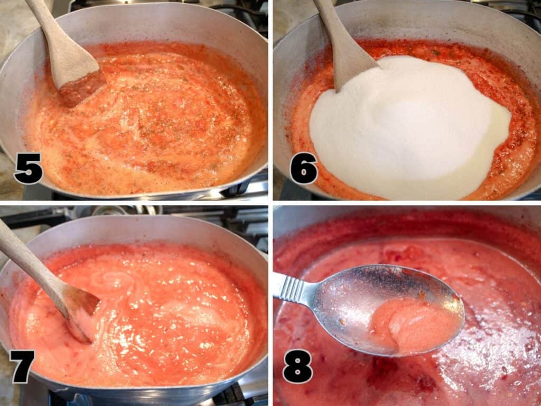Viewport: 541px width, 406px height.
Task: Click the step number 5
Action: (x=28, y=168)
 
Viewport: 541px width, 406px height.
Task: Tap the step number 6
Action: (x=303, y=168)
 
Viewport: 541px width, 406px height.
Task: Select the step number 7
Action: (x=22, y=366)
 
